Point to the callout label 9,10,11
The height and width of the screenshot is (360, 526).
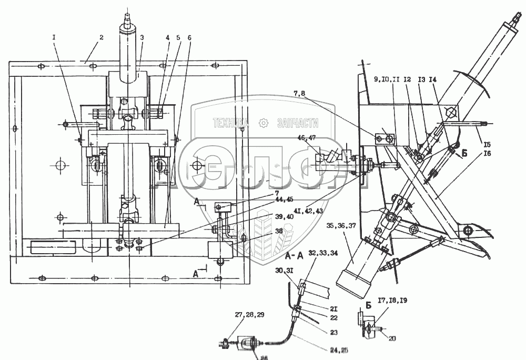(x=387, y=80)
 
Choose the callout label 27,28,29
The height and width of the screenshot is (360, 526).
(x=249, y=315)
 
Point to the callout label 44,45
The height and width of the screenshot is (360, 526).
(x=284, y=198)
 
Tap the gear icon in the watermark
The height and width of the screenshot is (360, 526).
(x=263, y=123)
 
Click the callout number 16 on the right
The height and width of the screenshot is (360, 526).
(x=487, y=154)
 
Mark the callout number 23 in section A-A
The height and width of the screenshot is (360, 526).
(x=335, y=333)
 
